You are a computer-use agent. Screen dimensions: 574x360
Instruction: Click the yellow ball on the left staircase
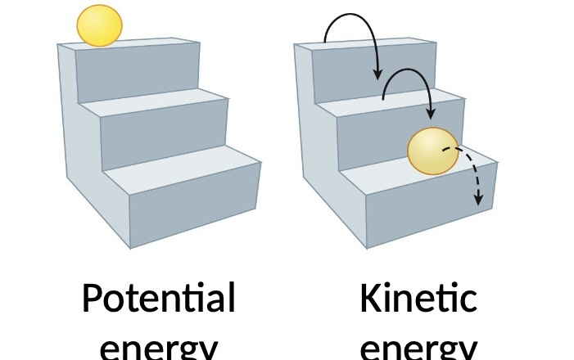[99, 25]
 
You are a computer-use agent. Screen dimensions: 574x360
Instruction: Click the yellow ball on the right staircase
[433, 151]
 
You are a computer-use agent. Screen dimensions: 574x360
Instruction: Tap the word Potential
[158, 299]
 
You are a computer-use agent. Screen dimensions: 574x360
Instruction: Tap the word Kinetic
[418, 299]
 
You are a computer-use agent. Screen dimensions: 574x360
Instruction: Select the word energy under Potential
[158, 348]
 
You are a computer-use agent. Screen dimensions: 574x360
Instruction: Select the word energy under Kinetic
[418, 348]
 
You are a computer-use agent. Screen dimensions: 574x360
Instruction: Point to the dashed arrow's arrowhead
[479, 199]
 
